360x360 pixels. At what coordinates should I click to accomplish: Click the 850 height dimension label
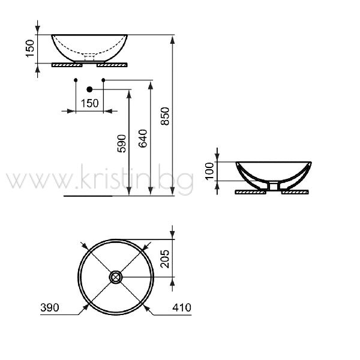tap(165, 116)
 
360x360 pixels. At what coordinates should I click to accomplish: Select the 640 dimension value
tap(143, 139)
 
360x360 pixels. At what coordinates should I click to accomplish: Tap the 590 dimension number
tap(121, 144)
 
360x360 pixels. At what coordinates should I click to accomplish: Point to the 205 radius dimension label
tap(164, 259)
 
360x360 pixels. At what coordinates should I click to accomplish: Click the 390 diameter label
tap(50, 307)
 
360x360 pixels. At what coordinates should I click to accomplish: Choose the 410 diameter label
tap(182, 307)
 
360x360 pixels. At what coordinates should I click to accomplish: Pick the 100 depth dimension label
tap(209, 171)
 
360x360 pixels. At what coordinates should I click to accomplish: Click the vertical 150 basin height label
tap(30, 49)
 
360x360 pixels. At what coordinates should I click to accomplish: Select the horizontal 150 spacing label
tap(90, 103)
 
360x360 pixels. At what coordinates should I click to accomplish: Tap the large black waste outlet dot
tap(89, 89)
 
